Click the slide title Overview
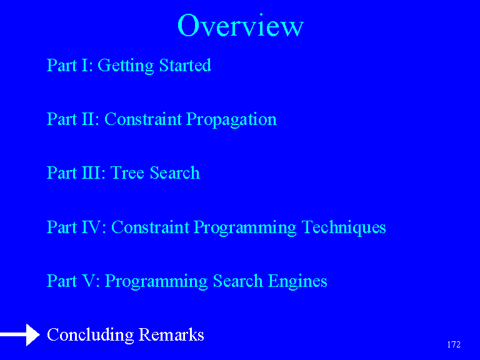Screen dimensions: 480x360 pyautogui.click(x=240, y=25)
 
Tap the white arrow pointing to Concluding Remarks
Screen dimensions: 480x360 pyautogui.click(x=20, y=335)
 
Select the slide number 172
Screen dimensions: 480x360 pyautogui.click(x=454, y=345)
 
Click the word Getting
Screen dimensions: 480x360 pyautogui.click(x=126, y=66)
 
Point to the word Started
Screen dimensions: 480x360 pyautogui.click(x=185, y=65)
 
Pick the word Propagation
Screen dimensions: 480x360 pyautogui.click(x=231, y=120)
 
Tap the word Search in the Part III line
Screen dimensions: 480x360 pyautogui.click(x=175, y=172)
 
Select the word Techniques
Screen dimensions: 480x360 pyautogui.click(x=344, y=227)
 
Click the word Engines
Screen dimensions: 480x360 pyautogui.click(x=297, y=282)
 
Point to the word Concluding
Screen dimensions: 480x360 pyautogui.click(x=90, y=335)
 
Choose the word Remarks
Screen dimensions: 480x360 pyautogui.click(x=171, y=334)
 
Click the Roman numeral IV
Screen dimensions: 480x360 pyautogui.click(x=94, y=227)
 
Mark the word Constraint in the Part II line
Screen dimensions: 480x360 pyautogui.click(x=143, y=119)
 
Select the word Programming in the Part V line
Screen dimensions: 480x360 pyautogui.click(x=156, y=282)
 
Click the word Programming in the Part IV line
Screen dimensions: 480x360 pyautogui.click(x=245, y=227)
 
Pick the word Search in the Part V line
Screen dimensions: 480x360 pyautogui.click(x=238, y=281)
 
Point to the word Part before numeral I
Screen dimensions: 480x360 pyautogui.click(x=61, y=65)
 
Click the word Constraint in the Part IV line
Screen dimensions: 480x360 pyautogui.click(x=150, y=227)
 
